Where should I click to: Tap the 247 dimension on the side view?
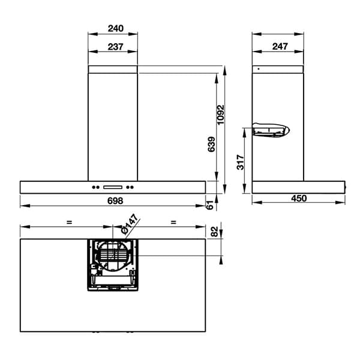(278, 47)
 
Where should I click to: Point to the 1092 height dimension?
(221, 115)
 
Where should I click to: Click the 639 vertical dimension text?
(211, 145)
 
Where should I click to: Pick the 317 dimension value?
(240, 162)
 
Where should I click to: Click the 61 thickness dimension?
(209, 204)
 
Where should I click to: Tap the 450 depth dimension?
(299, 199)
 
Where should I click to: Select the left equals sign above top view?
(69, 223)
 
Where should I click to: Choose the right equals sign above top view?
(173, 223)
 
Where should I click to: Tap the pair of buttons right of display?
(130, 185)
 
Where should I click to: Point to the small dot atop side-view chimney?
(258, 69)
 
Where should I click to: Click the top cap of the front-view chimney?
(113, 69)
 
